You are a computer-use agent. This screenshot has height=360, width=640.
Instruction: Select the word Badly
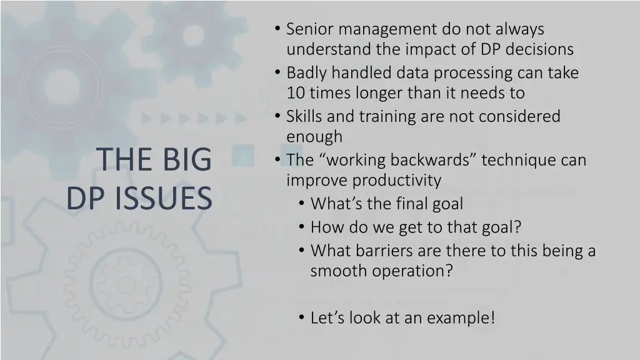307,73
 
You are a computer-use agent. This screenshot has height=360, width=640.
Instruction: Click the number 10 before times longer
294,93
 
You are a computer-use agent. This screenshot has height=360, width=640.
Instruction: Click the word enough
314,137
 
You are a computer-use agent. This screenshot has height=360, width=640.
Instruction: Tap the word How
324,227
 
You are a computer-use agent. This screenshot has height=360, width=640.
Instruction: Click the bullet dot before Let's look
302,318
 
